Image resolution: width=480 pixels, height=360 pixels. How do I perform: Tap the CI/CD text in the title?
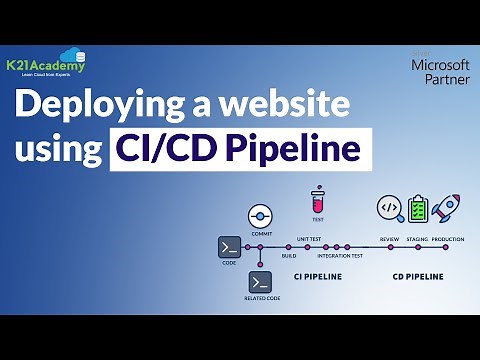[168, 150]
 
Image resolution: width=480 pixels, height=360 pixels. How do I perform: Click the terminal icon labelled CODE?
[229, 247]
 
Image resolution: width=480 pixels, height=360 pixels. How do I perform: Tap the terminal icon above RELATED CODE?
[261, 281]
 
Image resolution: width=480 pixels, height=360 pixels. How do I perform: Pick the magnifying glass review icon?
[389, 207]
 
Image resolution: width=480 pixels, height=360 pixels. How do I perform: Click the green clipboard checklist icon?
[418, 207]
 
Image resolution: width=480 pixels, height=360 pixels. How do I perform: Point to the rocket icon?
[446, 207]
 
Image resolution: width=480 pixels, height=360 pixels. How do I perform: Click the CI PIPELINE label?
[318, 275]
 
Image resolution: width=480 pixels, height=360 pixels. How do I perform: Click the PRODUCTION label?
[448, 240]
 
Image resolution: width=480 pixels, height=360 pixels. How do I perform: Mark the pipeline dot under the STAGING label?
[418, 247]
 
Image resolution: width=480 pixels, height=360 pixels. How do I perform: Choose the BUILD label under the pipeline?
[289, 256]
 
